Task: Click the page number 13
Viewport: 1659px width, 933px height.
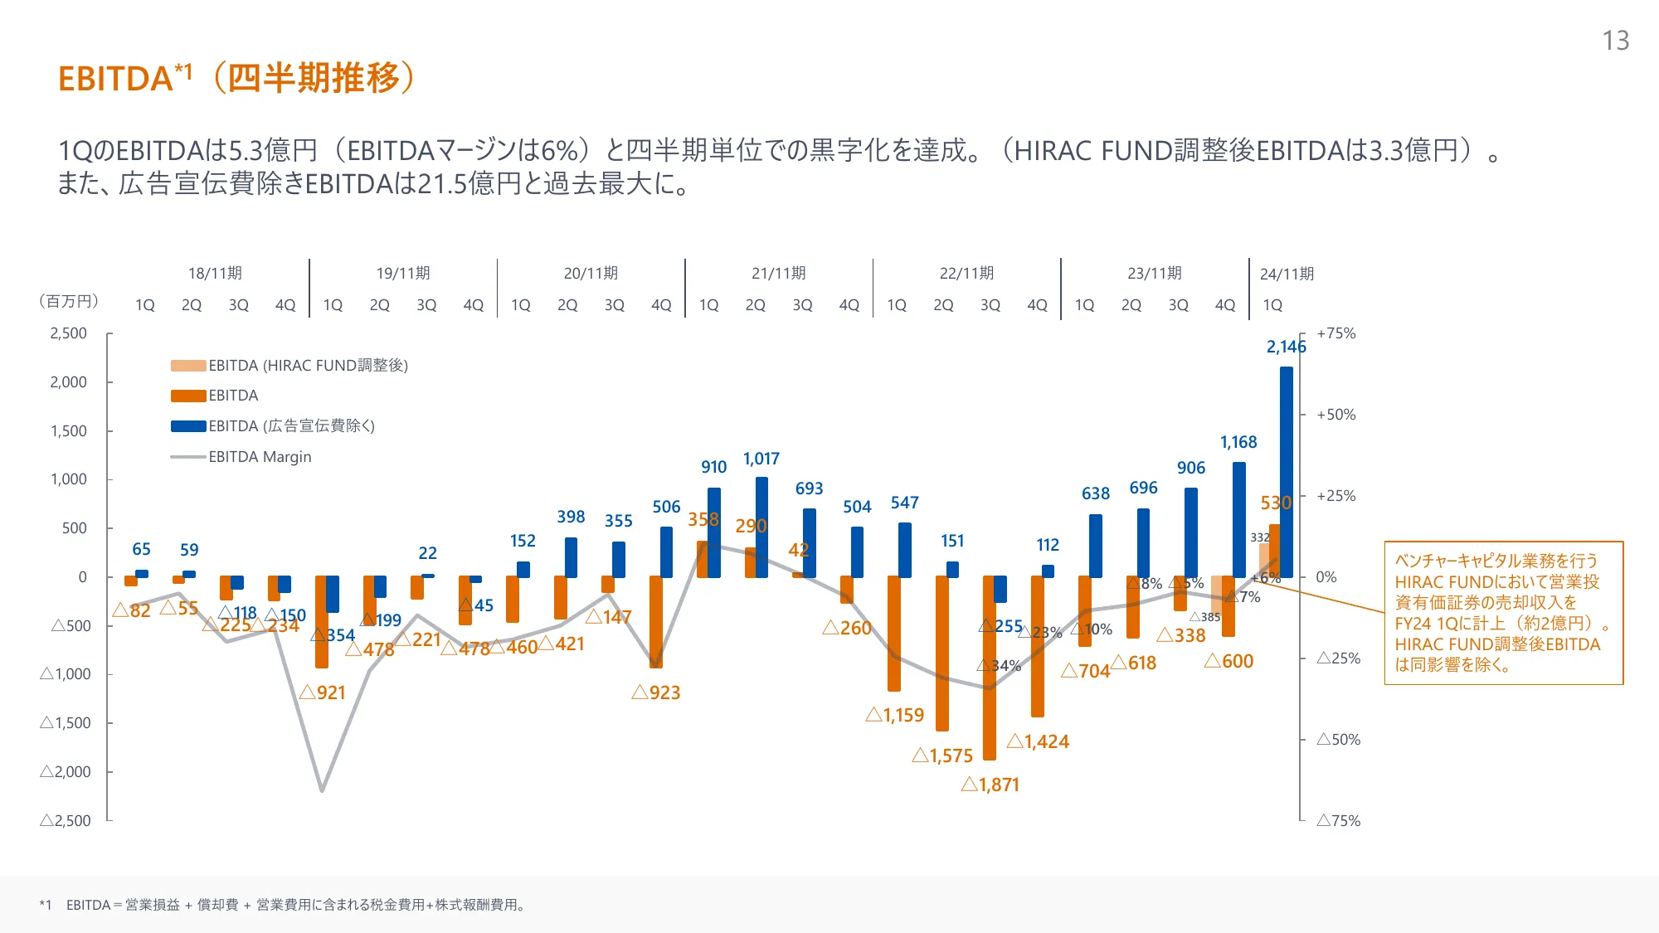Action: pos(1615,41)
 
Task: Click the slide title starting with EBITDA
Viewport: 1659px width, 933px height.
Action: pos(236,78)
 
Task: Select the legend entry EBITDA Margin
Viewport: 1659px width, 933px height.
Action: pos(260,457)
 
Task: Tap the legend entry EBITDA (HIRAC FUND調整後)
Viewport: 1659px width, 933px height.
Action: pos(308,366)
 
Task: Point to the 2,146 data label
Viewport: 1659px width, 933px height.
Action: pos(1286,347)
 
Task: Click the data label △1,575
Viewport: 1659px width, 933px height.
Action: pos(942,756)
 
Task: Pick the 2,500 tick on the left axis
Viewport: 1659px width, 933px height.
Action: pos(68,333)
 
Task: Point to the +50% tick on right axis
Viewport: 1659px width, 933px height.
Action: pos(1335,415)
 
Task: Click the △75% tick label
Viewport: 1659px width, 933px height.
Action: pos(1338,820)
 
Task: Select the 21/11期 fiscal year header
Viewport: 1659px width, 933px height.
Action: pos(778,274)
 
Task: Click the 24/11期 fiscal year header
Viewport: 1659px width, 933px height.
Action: pos(1287,275)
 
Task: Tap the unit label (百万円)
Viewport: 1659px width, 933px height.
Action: pos(69,301)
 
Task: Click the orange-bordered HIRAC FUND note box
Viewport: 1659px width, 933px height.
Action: pos(1503,613)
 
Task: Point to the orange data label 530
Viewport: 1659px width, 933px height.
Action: pos(1276,503)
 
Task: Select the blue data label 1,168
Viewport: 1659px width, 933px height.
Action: pos(1238,443)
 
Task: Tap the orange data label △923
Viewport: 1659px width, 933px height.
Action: pos(656,692)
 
